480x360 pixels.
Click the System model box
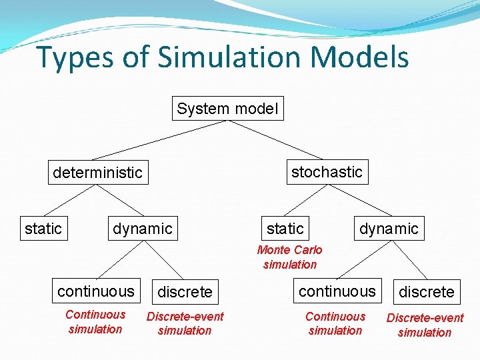(x=227, y=109)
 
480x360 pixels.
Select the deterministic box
(x=97, y=173)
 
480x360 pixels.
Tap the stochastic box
(x=327, y=172)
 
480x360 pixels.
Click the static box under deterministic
(x=43, y=229)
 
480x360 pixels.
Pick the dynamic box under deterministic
(x=142, y=229)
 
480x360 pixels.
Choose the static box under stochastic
(x=285, y=229)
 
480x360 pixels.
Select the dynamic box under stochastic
(x=389, y=229)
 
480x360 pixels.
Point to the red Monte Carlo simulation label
(x=289, y=257)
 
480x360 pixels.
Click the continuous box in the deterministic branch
(x=96, y=291)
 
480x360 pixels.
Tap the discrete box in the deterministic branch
(x=185, y=292)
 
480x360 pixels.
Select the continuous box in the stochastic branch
(x=337, y=291)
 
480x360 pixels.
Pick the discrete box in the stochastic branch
(x=426, y=292)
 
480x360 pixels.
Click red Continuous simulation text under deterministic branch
(x=95, y=322)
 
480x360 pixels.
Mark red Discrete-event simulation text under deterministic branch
(x=185, y=323)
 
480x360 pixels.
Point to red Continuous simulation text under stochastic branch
(x=335, y=323)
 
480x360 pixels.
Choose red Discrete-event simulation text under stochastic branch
(x=425, y=325)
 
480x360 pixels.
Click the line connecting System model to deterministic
(x=160, y=141)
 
